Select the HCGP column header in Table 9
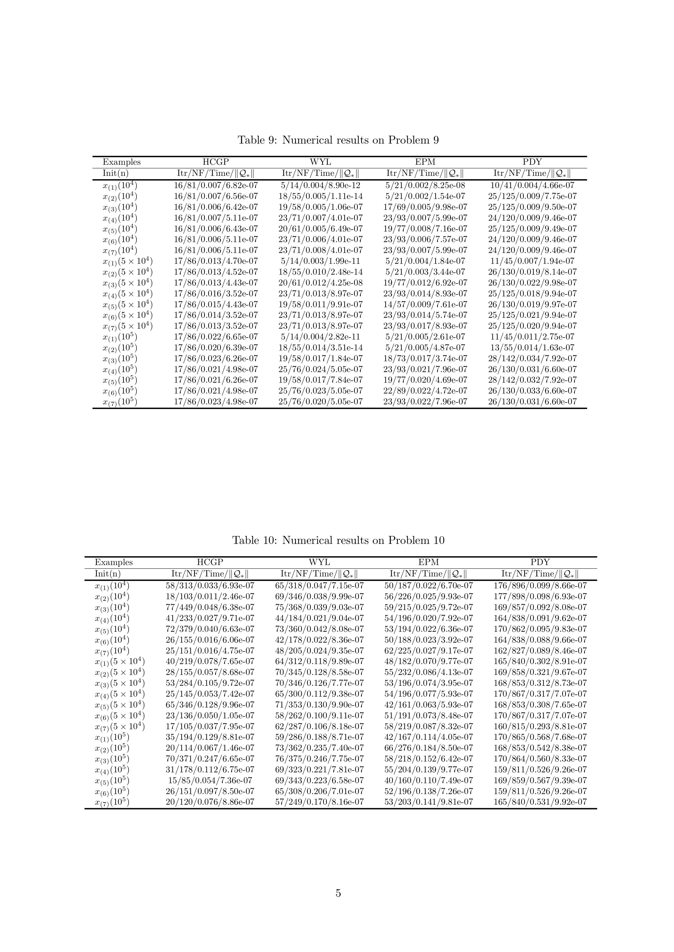(215, 162)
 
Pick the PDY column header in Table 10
(540, 562)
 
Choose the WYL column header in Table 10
(319, 562)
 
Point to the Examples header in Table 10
(114, 562)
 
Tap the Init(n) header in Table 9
(115, 173)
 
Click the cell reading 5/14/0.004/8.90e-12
(320, 185)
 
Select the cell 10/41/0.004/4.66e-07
(532, 185)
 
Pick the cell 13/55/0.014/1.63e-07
(532, 347)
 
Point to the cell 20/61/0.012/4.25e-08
(320, 283)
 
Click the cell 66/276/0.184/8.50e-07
(428, 748)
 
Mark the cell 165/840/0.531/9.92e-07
(540, 802)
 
